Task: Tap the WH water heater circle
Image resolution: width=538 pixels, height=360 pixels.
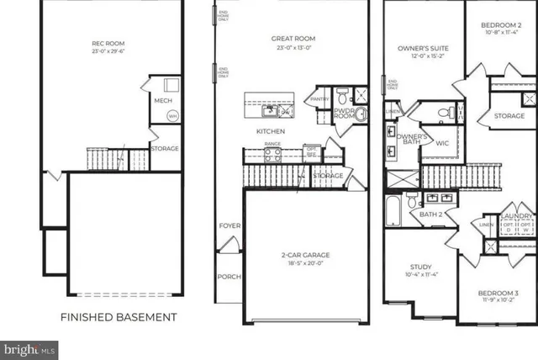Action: (x=171, y=116)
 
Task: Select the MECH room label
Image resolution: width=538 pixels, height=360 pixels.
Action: (x=162, y=101)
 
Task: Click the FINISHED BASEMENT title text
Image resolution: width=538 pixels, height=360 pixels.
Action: (x=118, y=317)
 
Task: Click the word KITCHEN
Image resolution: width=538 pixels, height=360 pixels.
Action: (x=271, y=132)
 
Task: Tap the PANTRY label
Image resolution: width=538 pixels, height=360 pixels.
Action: (x=319, y=99)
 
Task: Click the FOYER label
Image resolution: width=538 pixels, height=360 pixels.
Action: (x=229, y=225)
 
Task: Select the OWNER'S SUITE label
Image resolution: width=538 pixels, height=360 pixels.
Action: (x=420, y=50)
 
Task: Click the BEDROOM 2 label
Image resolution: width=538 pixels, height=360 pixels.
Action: (x=502, y=27)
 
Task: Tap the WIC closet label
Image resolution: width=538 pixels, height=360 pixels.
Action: (x=442, y=143)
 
